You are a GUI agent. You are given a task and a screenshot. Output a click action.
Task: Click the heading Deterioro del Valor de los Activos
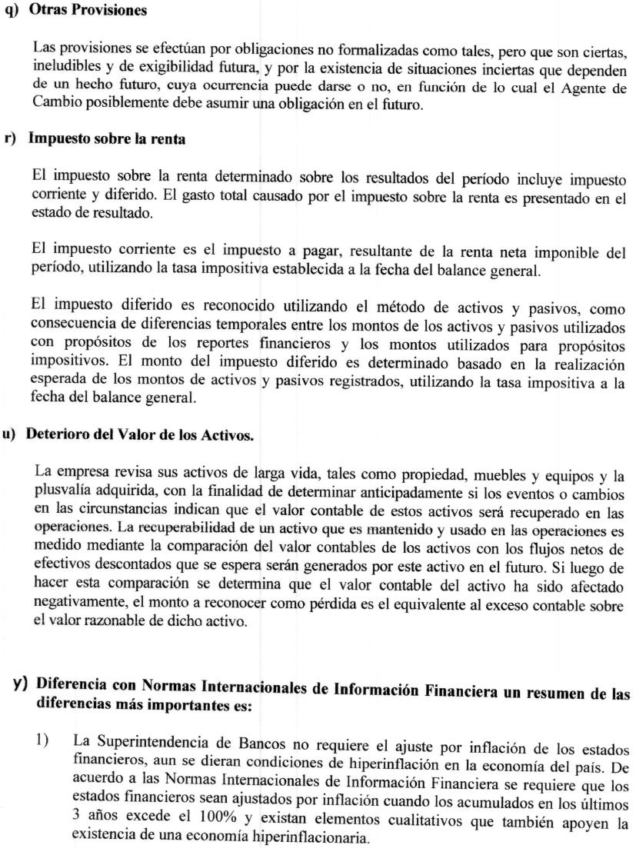pos(139,434)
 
